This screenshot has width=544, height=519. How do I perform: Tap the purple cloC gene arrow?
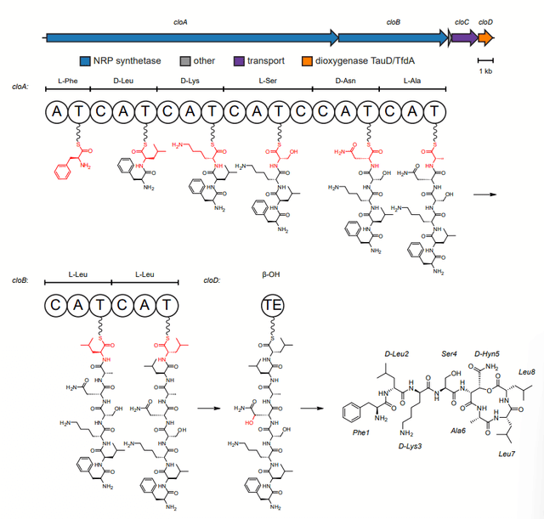463,37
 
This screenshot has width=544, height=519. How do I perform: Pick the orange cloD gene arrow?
485,37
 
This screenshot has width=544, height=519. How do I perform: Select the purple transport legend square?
239,61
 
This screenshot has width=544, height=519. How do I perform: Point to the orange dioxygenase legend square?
309,61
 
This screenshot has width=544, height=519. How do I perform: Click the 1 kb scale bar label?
485,71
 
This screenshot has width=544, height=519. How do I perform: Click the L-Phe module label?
68,81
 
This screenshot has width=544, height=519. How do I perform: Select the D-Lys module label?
191,81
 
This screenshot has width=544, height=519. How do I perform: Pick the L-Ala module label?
414,81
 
